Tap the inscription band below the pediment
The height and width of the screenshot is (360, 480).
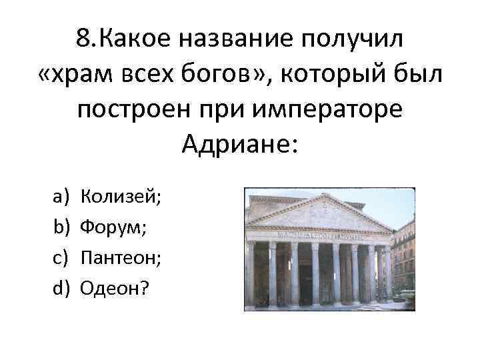coord(319,236)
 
